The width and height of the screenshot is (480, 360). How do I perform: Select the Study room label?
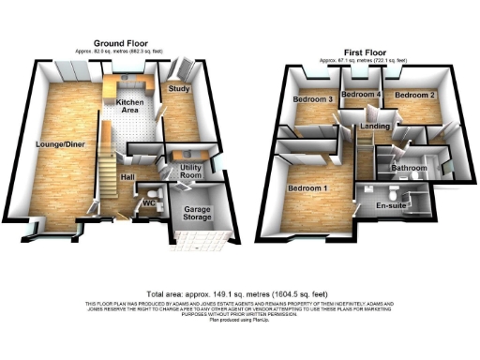(x=179, y=88)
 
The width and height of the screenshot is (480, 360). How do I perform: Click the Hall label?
(x=128, y=176)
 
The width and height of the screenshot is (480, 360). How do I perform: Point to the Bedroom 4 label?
(x=360, y=96)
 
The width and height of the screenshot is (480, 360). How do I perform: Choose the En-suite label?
(x=391, y=204)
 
